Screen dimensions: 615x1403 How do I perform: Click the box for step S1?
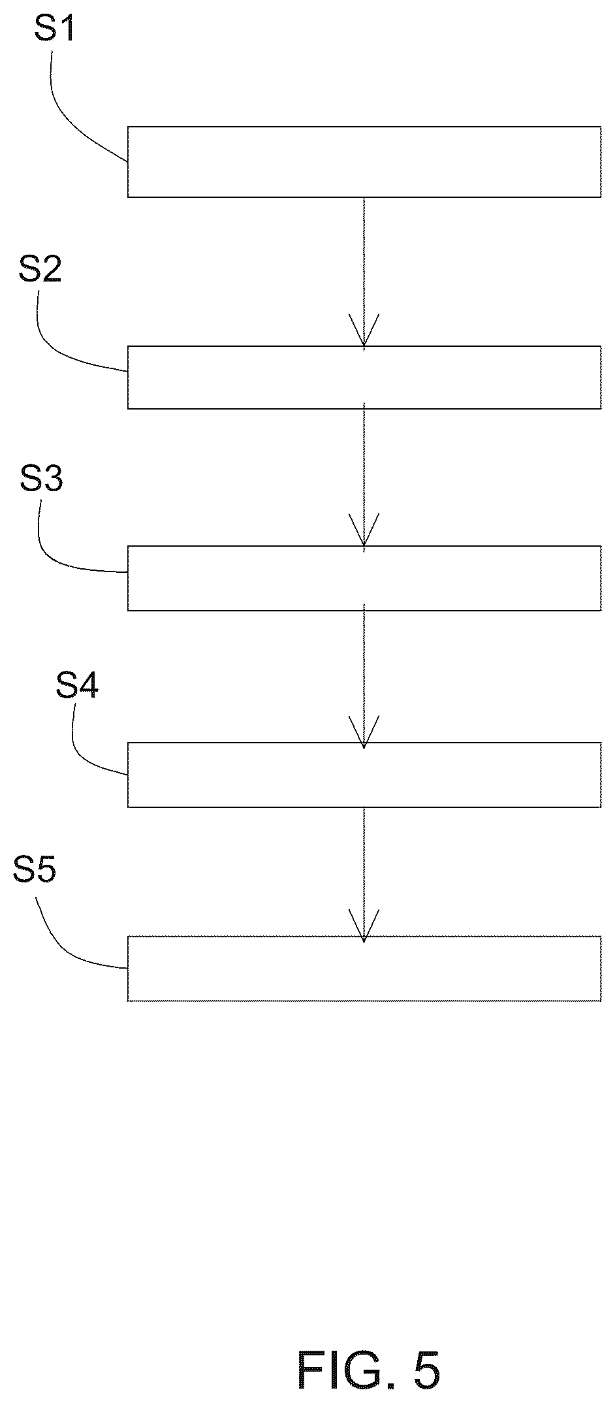point(364,162)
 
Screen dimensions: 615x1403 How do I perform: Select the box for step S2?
point(364,378)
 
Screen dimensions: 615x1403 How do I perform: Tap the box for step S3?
point(364,578)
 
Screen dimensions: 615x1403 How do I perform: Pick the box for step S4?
point(364,775)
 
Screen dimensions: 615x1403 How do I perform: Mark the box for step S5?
point(364,969)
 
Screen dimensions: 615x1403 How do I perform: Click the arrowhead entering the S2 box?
point(364,331)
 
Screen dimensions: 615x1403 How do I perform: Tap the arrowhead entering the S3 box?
point(364,530)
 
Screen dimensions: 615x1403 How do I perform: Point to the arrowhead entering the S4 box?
point(364,732)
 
